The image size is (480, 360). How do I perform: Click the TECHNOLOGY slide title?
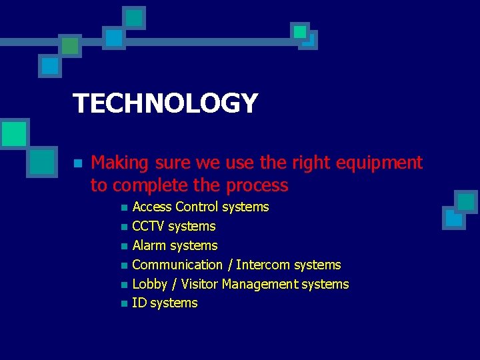[165, 103]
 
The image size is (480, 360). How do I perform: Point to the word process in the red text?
[257, 185]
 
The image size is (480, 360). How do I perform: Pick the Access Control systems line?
[201, 207]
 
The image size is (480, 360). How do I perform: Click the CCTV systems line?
[174, 226]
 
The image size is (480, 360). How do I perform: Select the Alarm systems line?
[175, 245]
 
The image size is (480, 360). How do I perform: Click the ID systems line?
[165, 303]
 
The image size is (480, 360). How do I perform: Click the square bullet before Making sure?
[77, 163]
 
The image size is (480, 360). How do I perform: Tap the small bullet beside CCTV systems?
[123, 227]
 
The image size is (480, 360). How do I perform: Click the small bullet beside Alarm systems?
[123, 246]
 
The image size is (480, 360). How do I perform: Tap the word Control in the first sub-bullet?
[197, 207]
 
